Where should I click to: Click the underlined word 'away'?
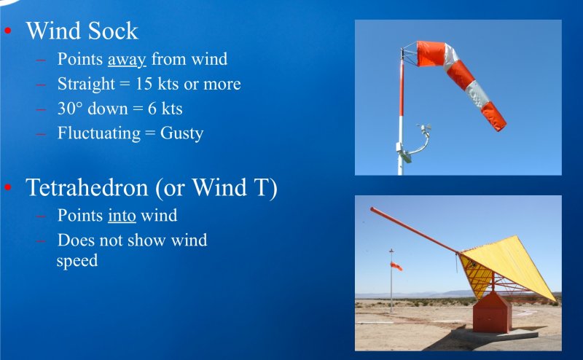(127, 60)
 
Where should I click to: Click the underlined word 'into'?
(122, 215)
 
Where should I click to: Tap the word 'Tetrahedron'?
(87, 187)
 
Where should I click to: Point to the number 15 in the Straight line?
(144, 84)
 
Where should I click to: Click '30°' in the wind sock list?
(69, 109)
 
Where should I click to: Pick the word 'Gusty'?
(181, 133)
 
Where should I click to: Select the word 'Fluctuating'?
(99, 133)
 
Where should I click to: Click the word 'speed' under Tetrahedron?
(77, 261)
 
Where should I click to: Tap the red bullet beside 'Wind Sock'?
(8, 31)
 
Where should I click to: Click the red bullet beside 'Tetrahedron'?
(8, 187)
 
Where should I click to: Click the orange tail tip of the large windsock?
(500, 124)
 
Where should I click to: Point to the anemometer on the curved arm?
(424, 129)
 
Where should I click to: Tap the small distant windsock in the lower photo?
(396, 266)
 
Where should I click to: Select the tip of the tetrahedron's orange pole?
(372, 209)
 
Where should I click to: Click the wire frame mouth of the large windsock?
(410, 55)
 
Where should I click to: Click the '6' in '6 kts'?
(152, 109)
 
